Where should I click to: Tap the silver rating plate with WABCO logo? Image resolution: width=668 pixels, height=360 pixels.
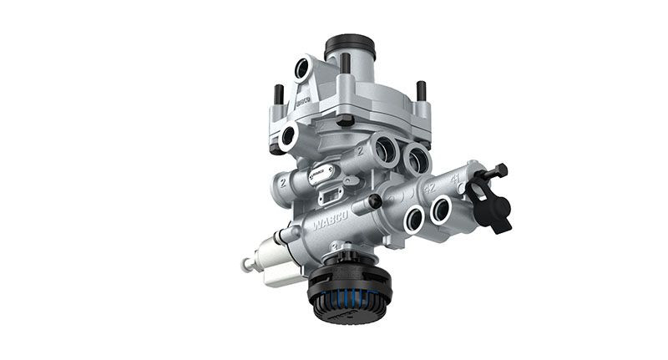click(x=321, y=174)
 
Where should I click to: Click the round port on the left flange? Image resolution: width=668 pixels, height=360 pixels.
click(x=288, y=137)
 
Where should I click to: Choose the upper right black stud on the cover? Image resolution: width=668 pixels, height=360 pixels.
click(x=421, y=90)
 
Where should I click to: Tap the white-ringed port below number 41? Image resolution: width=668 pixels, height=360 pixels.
click(x=441, y=209)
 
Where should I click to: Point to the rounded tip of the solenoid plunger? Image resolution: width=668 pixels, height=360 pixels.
click(x=247, y=264)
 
